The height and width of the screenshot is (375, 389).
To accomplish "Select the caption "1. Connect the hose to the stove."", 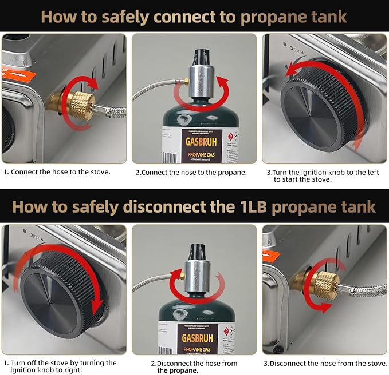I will [x=57, y=171].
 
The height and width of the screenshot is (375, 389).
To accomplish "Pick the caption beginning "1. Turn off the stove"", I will [x=60, y=366].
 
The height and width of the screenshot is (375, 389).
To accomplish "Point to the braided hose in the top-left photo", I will [x=112, y=117].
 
